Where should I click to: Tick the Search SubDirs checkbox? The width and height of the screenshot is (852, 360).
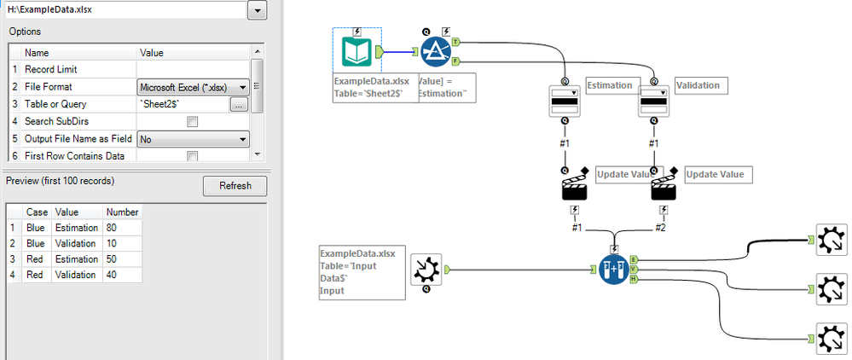point(192,121)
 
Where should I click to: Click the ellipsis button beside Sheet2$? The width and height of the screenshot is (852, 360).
point(239,104)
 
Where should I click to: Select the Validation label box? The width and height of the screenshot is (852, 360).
point(698,85)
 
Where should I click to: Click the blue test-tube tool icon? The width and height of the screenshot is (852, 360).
point(613,270)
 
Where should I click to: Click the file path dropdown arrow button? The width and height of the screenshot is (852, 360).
point(257,10)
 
